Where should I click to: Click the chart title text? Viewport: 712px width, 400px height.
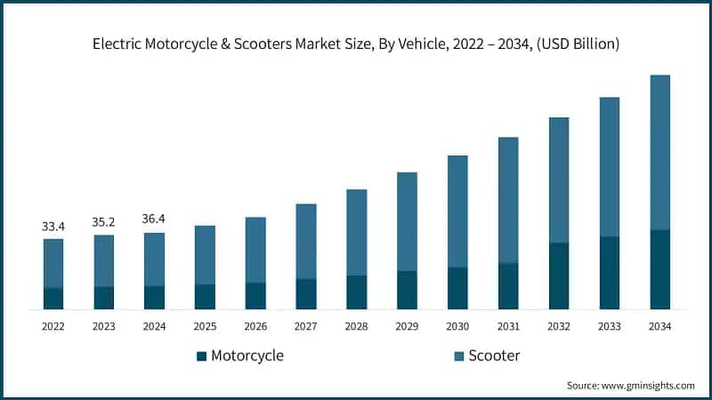point(356,44)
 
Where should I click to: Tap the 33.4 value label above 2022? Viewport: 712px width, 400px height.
point(53,227)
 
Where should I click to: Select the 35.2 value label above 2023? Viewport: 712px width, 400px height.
point(104,223)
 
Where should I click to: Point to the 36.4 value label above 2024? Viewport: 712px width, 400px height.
point(154,219)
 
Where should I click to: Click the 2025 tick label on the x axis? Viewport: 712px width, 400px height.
point(205,326)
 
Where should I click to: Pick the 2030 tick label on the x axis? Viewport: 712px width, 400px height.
point(457,326)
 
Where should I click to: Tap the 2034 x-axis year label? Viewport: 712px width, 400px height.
point(659,326)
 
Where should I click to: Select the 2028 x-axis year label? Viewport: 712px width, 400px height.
point(356,326)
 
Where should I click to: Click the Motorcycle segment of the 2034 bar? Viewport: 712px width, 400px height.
point(659,269)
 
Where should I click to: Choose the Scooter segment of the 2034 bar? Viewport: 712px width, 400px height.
point(659,152)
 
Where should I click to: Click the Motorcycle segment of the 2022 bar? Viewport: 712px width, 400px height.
point(53,299)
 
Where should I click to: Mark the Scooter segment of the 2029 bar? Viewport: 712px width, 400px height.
point(407,221)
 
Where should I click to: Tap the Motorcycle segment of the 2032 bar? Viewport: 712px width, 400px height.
point(558,276)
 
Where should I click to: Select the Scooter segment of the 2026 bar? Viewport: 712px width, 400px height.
point(255,250)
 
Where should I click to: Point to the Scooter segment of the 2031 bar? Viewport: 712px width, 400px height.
point(508,200)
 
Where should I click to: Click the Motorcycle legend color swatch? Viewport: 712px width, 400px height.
point(201,356)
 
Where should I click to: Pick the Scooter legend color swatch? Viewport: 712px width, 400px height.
point(459,356)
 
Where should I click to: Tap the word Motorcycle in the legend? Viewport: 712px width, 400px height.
point(247,356)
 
